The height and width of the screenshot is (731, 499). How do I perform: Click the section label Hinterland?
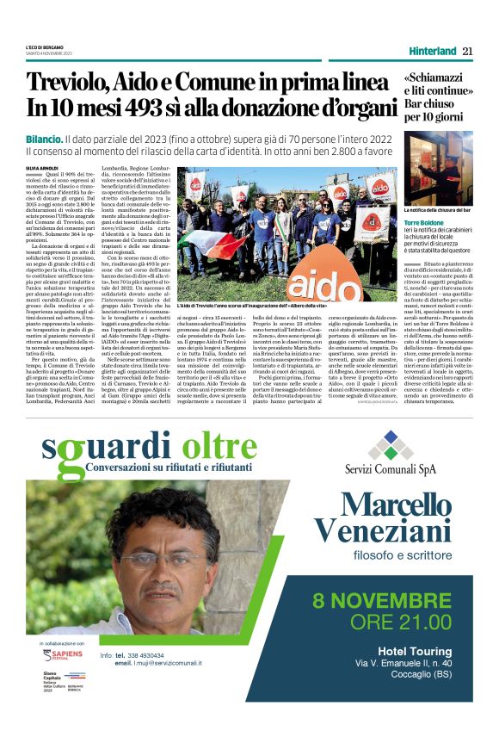[433, 51]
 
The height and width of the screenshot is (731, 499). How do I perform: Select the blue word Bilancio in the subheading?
[43, 139]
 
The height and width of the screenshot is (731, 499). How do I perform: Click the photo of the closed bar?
[438, 168]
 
